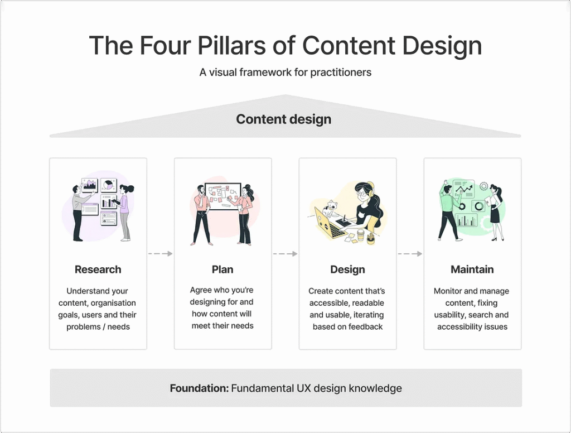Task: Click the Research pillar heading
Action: (98, 270)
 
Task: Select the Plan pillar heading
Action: (222, 270)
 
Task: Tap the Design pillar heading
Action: (347, 270)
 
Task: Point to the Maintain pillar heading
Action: (472, 270)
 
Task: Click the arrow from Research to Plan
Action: (160, 254)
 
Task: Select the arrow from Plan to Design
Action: (285, 254)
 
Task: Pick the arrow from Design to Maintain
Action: (410, 254)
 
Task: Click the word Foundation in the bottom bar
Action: (199, 388)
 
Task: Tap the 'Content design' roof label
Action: (284, 119)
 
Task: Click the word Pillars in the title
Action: (231, 46)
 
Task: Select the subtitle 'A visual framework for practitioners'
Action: (285, 73)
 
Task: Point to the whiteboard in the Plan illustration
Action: (223, 196)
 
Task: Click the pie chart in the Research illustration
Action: (108, 185)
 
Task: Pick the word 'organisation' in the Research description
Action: (113, 303)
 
